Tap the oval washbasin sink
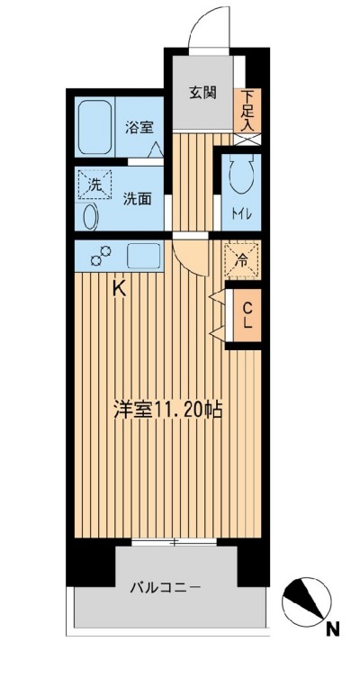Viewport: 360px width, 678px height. pos(90,217)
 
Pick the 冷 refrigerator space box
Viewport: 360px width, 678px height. pos(241,261)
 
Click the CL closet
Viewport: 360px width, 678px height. pos(246,314)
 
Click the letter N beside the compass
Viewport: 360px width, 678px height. pos(332,629)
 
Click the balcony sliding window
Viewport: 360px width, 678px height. pos(175,541)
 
